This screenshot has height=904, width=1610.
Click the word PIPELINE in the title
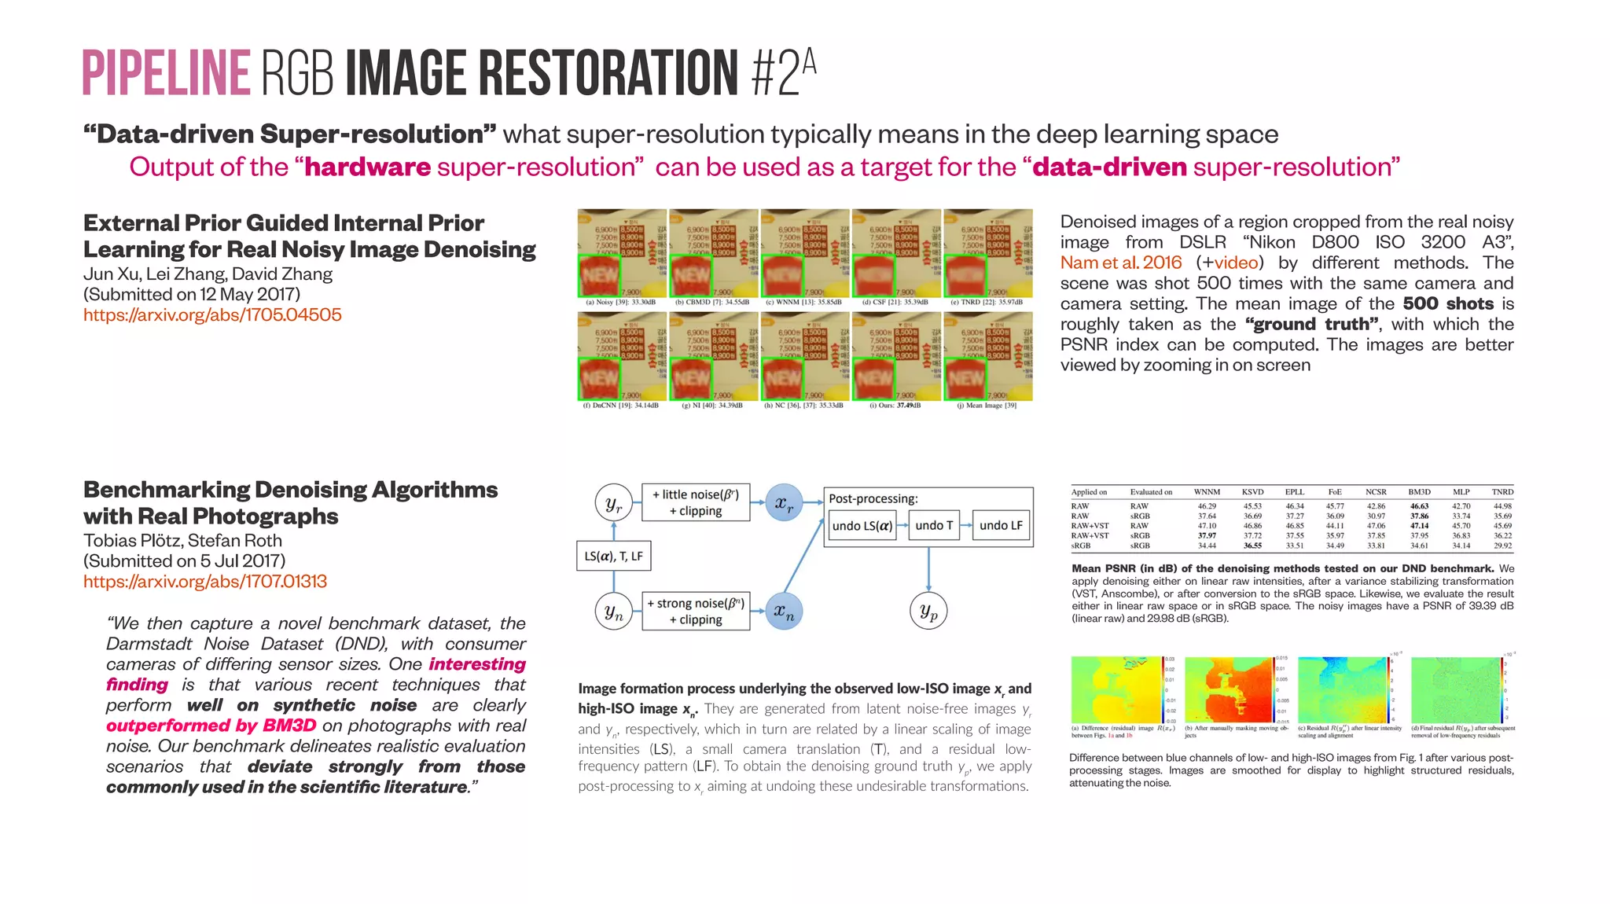[166, 73]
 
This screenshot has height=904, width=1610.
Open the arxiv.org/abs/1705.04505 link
[212, 315]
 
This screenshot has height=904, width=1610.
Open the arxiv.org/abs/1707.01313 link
[205, 582]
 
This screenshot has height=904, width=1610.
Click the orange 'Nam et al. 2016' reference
[1121, 263]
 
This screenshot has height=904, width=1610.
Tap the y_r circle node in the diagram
[614, 503]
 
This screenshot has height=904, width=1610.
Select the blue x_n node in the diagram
[784, 611]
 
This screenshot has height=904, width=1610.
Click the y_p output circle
[928, 611]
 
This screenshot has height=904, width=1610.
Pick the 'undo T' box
[934, 525]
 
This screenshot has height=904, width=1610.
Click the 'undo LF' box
[1001, 525]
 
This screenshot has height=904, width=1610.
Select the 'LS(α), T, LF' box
[613, 556]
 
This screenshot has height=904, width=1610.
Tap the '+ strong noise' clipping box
[696, 611]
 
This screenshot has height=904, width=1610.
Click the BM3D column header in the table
[1419, 492]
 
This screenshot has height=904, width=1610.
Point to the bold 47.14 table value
[1419, 526]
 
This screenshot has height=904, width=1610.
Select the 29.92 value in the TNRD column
[1502, 546]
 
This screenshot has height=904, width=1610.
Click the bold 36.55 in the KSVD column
[1252, 546]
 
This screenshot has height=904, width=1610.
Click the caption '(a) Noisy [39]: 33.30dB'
[620, 302]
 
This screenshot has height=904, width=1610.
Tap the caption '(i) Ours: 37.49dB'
[895, 406]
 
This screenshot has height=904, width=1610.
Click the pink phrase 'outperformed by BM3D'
[211, 726]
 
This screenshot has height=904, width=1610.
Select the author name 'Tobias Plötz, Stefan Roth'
[182, 541]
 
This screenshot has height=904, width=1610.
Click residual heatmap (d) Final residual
[1456, 689]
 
